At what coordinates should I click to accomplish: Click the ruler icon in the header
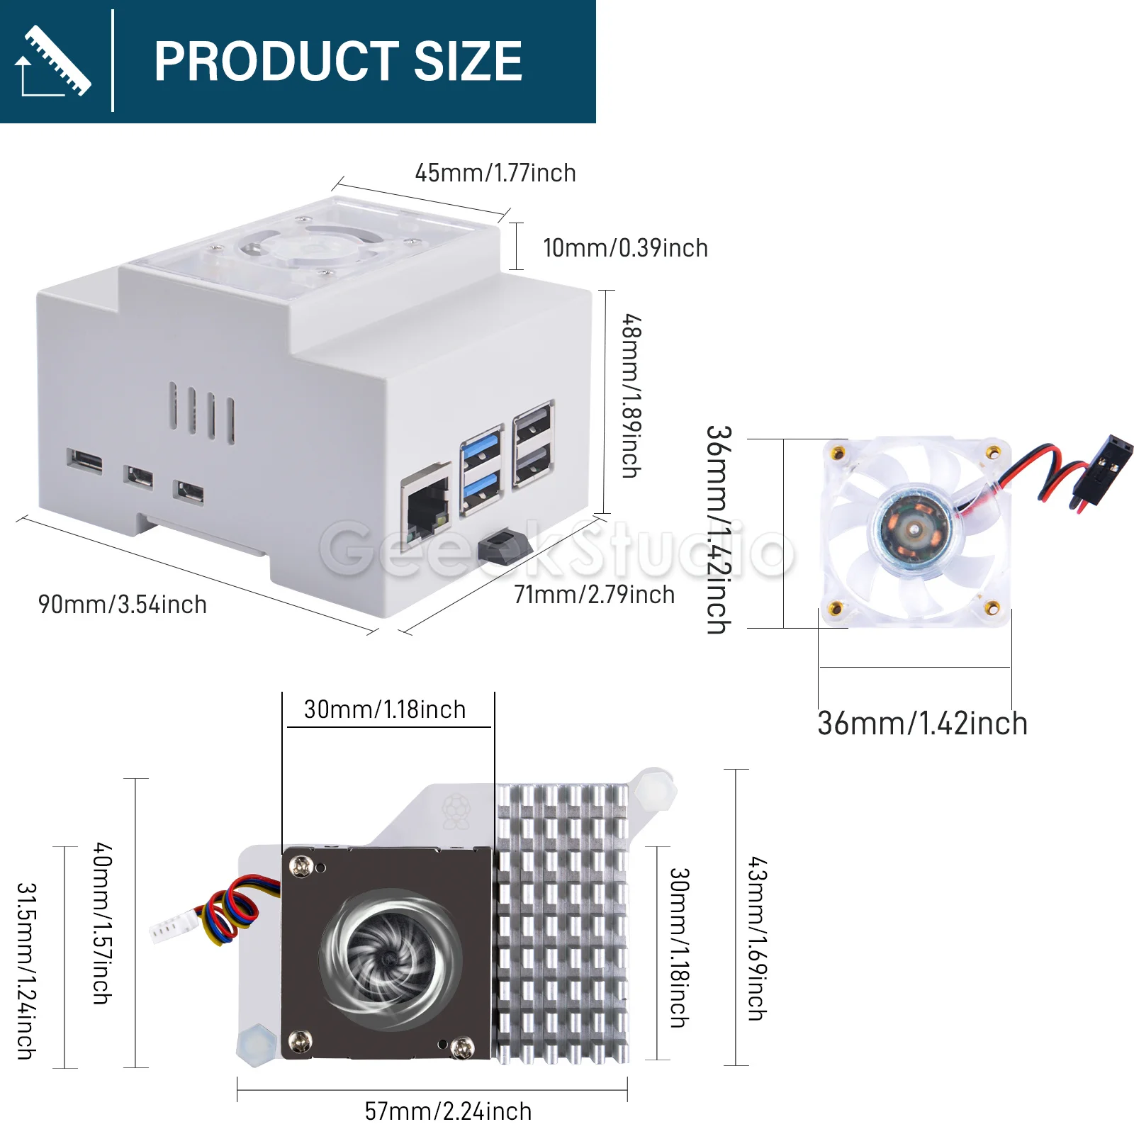(53, 61)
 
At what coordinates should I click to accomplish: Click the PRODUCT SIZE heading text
(338, 61)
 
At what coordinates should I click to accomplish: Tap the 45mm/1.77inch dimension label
(495, 173)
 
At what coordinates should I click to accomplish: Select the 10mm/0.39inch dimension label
(625, 248)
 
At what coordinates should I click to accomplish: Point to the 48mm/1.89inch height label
(631, 395)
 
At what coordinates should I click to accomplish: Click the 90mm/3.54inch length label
(123, 605)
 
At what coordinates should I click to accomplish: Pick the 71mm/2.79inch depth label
(594, 595)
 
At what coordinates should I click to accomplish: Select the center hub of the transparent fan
(914, 528)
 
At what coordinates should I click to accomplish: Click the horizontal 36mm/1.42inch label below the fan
(923, 724)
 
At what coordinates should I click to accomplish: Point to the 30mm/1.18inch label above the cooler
(385, 709)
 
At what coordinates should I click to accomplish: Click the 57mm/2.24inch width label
(448, 1111)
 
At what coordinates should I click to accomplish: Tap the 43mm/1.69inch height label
(757, 939)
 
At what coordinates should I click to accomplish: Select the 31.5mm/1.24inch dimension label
(26, 971)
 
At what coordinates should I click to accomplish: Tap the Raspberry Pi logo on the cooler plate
(456, 812)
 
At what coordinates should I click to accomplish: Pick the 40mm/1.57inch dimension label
(103, 923)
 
